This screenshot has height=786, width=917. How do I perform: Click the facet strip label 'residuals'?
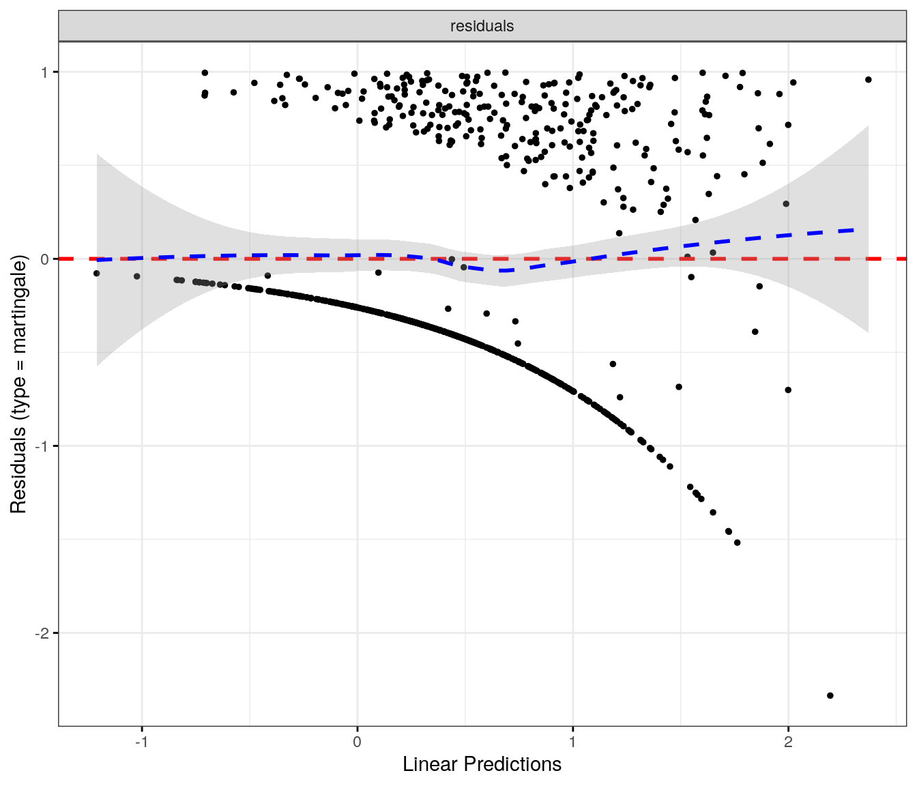coord(482,26)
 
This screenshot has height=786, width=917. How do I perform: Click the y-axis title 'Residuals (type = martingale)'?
coord(18,384)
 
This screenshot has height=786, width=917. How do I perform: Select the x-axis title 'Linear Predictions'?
coord(482,764)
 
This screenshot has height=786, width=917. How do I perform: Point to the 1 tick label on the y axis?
coord(45,72)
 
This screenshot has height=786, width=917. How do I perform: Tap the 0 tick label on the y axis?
coord(45,259)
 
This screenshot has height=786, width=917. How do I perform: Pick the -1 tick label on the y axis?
coord(42,446)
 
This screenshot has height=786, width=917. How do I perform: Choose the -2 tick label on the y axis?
coord(42,633)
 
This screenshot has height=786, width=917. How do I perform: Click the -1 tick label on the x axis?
coord(141,742)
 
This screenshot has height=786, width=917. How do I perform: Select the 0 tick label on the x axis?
coord(357,742)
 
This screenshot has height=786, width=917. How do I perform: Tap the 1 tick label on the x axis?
coord(572,742)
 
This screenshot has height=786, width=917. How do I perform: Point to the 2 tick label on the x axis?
coord(788,742)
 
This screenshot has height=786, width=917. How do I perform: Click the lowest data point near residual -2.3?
coord(830,695)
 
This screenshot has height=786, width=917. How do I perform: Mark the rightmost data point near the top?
coord(869,80)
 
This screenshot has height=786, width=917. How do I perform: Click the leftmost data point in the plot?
coord(97,274)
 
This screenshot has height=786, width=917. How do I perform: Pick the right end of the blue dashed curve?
coord(854,230)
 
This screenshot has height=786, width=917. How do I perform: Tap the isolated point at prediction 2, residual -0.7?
coord(788,390)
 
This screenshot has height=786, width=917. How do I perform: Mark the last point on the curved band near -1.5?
coord(737,542)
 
